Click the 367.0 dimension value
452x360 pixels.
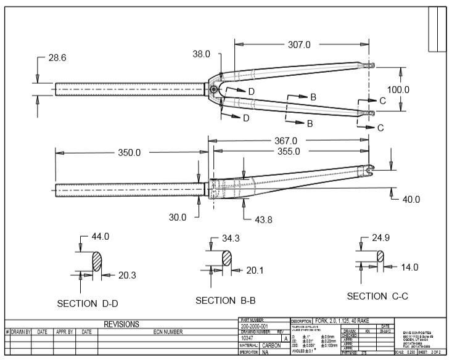pos(286,141)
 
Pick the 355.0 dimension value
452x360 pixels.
pos(288,151)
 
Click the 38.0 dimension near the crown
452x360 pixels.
pos(201,54)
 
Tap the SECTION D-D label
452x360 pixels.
pos(86,304)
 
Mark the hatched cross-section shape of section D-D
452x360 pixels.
pos(97,261)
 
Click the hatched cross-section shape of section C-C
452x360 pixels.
pos(380,256)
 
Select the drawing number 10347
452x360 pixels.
pos(249,338)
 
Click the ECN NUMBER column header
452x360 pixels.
pos(168,332)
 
